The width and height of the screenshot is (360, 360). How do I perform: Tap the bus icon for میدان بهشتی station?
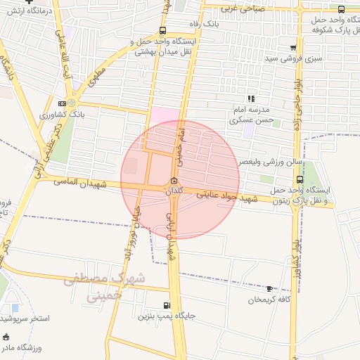pyautogui.click(x=163, y=30)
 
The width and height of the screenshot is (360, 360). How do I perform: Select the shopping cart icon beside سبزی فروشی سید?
pyautogui.click(x=292, y=48)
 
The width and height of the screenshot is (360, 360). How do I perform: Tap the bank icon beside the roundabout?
pyautogui.click(x=63, y=103)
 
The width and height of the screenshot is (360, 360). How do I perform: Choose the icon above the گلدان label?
pyautogui.click(x=174, y=180)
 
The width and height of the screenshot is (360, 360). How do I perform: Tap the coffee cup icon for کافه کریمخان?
pyautogui.click(x=269, y=289)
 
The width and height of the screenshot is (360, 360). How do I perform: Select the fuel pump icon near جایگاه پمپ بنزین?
pyautogui.click(x=166, y=305)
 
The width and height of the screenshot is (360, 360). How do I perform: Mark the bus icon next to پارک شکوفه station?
pyautogui.click(x=341, y=10)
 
